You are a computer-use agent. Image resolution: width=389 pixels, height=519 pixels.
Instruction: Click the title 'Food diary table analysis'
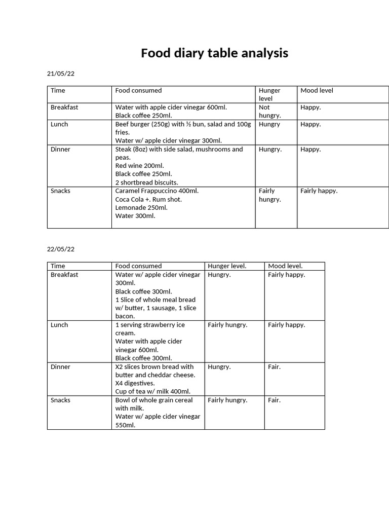[x=214, y=53]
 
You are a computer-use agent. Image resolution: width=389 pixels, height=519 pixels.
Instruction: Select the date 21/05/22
[x=61, y=73]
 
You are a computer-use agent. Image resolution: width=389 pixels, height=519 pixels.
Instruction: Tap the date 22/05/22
[x=61, y=249]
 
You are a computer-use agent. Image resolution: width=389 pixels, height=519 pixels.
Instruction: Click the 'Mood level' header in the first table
[x=317, y=90]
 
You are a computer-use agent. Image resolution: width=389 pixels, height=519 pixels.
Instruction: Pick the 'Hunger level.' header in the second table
[x=227, y=266]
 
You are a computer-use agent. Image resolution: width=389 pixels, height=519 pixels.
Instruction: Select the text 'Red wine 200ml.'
[x=139, y=166]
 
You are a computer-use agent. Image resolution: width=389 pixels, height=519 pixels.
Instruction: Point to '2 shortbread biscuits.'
[x=146, y=182]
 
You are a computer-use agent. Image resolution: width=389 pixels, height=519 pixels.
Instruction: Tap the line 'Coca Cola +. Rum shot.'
[x=148, y=199]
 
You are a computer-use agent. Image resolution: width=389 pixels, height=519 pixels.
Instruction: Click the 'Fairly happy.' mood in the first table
[x=319, y=191]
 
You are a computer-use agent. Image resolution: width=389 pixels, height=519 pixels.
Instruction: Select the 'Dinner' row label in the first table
[x=61, y=149]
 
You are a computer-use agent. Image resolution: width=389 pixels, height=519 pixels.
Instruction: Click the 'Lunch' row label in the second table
[x=59, y=325]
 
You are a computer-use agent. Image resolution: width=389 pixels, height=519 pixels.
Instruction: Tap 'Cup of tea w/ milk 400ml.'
[x=152, y=391]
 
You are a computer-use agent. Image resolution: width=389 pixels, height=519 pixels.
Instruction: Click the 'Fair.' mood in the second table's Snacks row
[x=274, y=400]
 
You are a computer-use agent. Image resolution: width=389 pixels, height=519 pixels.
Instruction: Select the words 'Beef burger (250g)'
[x=143, y=124]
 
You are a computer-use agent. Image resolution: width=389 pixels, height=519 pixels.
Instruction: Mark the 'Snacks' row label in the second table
[x=61, y=400]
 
